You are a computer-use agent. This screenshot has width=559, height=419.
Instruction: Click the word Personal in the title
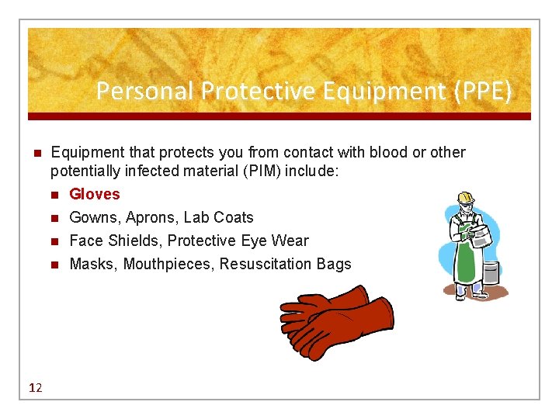(145, 92)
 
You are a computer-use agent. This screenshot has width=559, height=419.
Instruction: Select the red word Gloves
(95, 194)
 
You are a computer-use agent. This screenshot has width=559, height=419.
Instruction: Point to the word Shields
(133, 241)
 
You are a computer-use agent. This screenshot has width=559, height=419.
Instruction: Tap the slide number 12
(35, 387)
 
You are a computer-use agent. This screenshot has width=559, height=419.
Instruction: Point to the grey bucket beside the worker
(491, 272)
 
